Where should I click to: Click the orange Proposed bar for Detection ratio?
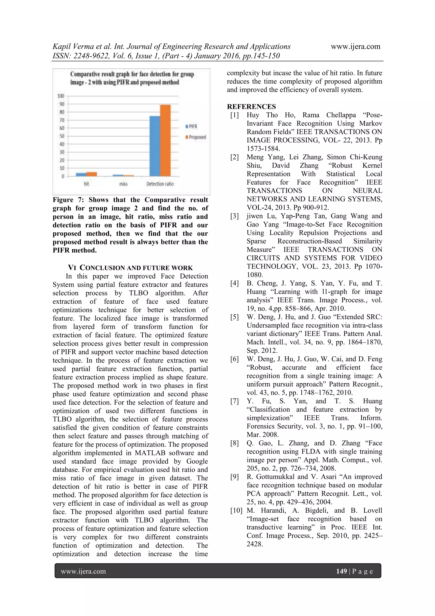click(165, 140)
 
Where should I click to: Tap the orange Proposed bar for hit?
click(92, 174)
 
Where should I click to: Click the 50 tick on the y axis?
click(61, 136)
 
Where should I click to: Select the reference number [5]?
click(234, 317)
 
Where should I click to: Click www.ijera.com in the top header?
click(355, 46)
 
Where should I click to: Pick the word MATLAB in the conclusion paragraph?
click(151, 453)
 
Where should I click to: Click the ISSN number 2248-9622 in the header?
click(86, 56)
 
